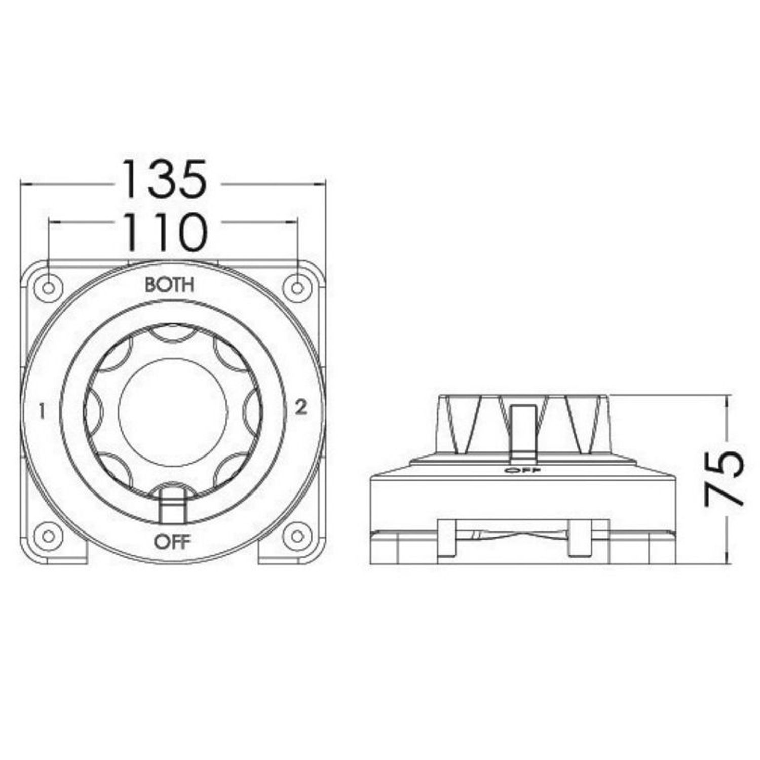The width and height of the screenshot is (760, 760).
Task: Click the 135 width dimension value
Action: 164,178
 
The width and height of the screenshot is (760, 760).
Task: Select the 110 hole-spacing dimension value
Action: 165,232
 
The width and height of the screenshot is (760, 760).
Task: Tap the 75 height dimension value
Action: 724,478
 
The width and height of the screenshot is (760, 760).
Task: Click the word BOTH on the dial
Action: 169,285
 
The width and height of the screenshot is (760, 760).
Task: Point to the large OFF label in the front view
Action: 172,542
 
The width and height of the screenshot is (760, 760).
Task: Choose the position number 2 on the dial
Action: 301,407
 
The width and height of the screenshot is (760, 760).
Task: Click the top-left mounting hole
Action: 48,288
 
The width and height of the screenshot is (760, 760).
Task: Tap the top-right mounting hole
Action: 297,288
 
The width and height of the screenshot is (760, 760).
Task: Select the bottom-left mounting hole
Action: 48,536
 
